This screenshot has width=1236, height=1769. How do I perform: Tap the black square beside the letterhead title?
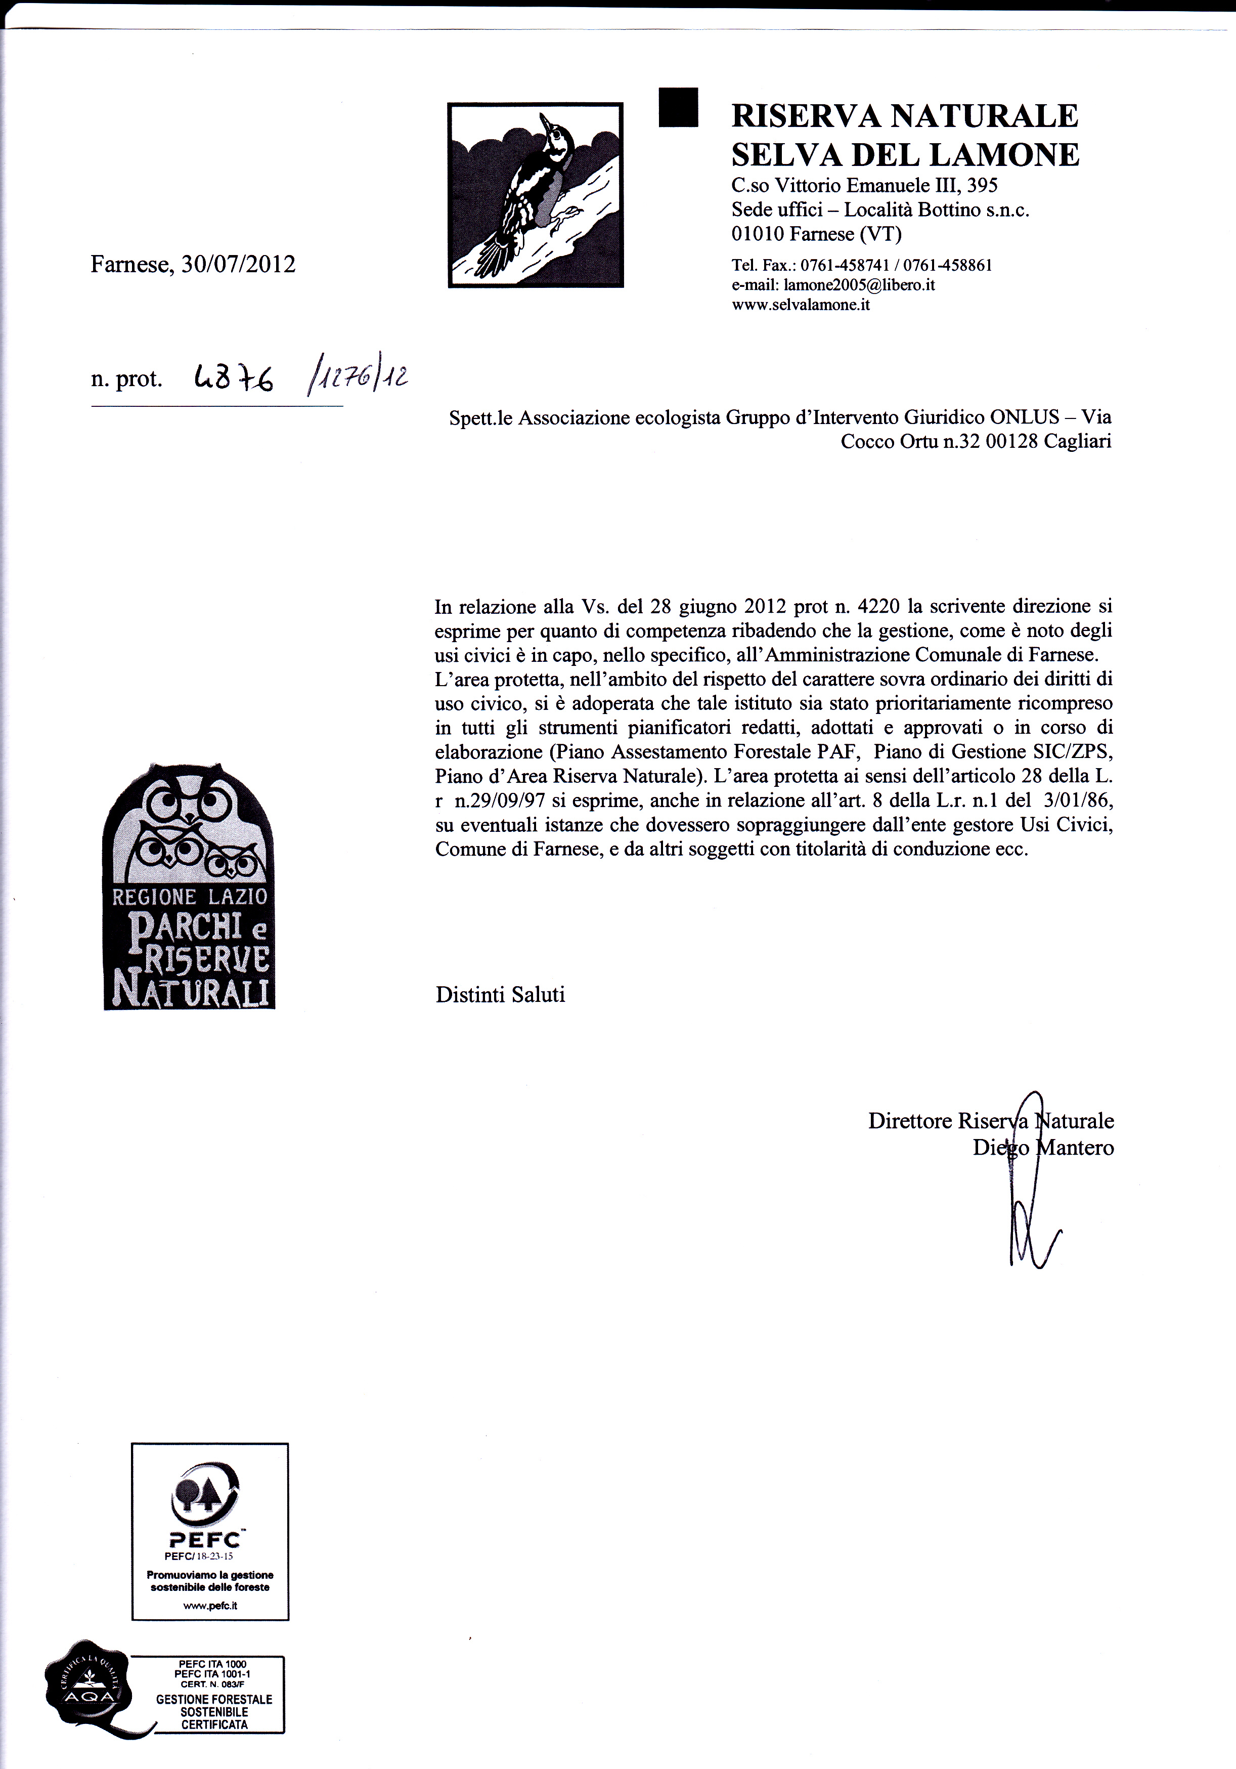[x=679, y=107]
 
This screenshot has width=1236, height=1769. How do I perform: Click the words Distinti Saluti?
[x=501, y=995]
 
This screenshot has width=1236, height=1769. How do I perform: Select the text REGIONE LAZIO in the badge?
[x=190, y=896]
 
